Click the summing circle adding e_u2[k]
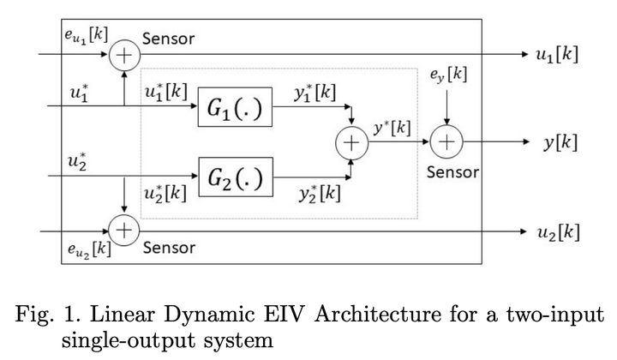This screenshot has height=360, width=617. (125, 231)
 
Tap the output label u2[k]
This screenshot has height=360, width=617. (557, 231)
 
